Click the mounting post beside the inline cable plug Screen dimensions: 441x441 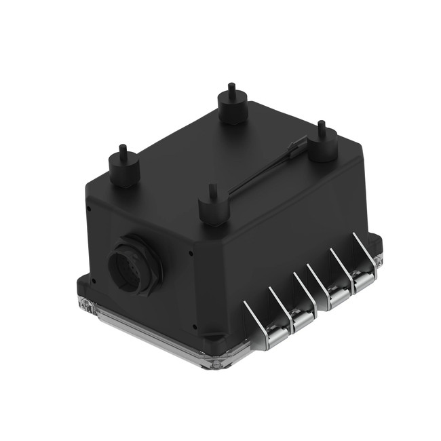[x=323, y=147]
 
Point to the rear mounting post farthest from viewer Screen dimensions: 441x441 [x=233, y=107]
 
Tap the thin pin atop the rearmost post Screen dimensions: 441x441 [x=232, y=88]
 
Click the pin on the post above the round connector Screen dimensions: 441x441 [x=123, y=149]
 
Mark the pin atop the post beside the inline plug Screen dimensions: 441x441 [x=322, y=127]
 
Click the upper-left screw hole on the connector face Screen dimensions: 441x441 [x=90, y=210]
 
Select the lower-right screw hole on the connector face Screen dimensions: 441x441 [x=195, y=326]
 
